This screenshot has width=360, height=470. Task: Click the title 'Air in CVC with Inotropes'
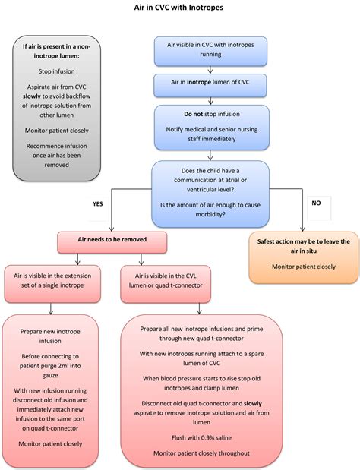[178, 7]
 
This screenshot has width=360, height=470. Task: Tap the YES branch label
[98, 203]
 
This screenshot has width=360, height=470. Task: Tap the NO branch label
[316, 203]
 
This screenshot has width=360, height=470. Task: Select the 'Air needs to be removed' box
[112, 242]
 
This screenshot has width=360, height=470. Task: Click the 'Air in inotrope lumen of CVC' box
[210, 86]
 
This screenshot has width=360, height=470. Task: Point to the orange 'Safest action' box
[304, 257]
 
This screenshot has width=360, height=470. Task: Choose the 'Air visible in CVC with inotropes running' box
[210, 52]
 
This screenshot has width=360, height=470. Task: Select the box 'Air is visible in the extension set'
[52, 284]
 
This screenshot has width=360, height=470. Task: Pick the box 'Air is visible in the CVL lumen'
[166, 284]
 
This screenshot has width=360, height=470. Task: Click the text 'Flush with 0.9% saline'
[201, 437]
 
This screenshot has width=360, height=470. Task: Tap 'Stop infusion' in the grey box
[57, 71]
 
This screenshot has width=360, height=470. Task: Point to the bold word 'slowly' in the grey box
[31, 96]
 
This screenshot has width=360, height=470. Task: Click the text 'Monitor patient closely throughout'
[201, 453]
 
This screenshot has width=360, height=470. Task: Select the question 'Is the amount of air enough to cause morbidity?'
[210, 210]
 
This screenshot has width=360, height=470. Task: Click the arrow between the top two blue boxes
[210, 70]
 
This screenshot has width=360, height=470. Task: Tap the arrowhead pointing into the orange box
[302, 229]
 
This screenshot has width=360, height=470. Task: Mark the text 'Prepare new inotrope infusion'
[50, 336]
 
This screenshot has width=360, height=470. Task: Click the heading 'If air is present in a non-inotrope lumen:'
[57, 51]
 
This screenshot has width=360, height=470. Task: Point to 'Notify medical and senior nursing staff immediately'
[212, 134]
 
